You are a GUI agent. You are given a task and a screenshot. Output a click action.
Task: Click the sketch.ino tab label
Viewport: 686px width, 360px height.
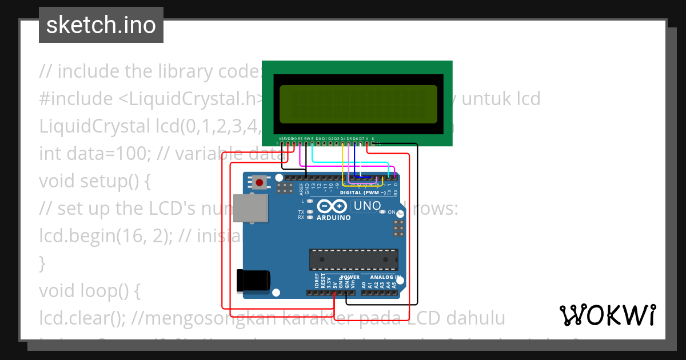click(x=101, y=25)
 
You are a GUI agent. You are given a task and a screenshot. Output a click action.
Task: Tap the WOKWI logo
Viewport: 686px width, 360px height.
click(x=607, y=315)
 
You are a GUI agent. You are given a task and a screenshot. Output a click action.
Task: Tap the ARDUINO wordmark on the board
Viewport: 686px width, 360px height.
click(x=334, y=218)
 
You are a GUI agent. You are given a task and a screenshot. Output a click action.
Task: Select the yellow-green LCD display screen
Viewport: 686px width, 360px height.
click(x=358, y=104)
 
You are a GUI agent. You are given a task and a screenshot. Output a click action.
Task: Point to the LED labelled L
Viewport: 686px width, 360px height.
click(x=309, y=201)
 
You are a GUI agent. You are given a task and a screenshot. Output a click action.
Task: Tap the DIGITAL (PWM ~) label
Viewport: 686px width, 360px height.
click(x=362, y=193)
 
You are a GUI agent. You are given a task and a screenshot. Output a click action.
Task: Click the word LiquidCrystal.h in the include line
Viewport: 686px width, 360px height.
click(x=191, y=99)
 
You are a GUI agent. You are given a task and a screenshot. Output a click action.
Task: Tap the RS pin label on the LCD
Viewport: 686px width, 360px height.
click(x=300, y=138)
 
